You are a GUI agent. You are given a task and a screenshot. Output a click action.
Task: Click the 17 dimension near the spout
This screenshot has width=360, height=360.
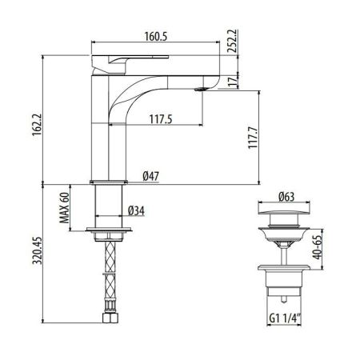pos(233,81)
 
